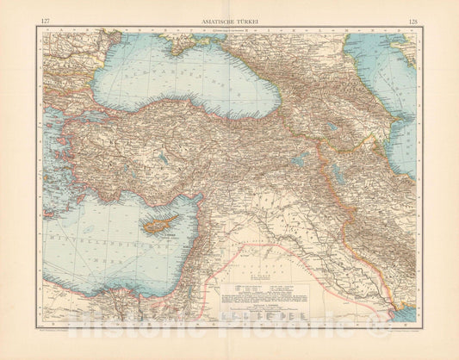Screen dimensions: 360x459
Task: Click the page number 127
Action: point(44,16)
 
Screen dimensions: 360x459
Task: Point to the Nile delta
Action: point(112,312)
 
